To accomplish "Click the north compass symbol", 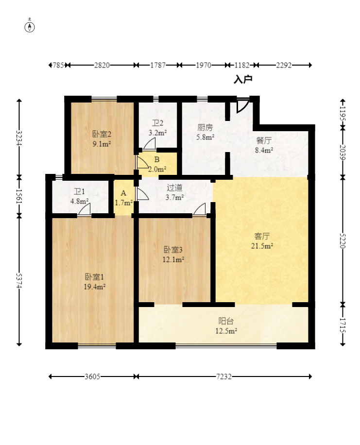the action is click(x=30, y=26).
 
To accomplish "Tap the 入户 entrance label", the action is click(x=243, y=80).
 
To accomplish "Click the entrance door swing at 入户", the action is click(x=243, y=105).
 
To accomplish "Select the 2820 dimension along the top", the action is click(x=102, y=65).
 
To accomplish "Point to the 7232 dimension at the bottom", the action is click(x=223, y=377).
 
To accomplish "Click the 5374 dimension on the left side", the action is click(x=19, y=281).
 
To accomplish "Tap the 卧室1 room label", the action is click(x=95, y=277).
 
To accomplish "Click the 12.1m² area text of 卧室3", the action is click(x=173, y=259).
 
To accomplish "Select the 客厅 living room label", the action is click(x=262, y=236).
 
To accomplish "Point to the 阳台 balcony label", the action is click(x=226, y=321).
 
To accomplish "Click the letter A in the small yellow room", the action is click(x=123, y=193).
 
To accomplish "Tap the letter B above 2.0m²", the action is click(x=157, y=159).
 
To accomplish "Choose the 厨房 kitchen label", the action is click(x=205, y=127).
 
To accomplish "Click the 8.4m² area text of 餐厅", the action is click(x=264, y=150).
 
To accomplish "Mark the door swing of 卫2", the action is click(x=149, y=143).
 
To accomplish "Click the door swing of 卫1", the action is click(x=85, y=210).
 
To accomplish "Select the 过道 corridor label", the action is click(x=174, y=188).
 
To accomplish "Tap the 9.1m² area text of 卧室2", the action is click(x=102, y=144).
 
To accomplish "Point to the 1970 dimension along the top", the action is click(x=204, y=65).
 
